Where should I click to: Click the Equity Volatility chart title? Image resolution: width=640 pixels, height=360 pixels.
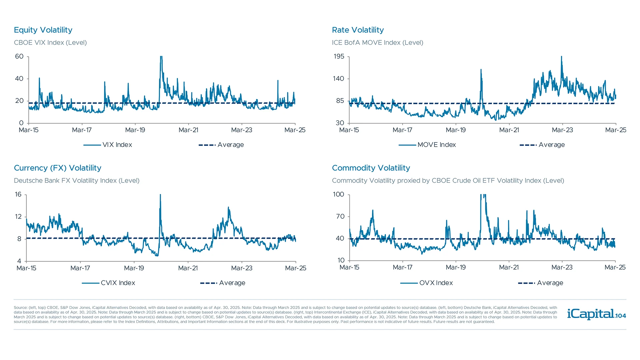click(x=43, y=30)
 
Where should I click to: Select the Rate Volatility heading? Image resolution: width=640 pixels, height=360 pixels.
click(x=358, y=30)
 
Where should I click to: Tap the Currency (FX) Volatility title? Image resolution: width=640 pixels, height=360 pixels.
click(x=57, y=168)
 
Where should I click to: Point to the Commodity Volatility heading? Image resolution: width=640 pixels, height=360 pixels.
click(x=371, y=168)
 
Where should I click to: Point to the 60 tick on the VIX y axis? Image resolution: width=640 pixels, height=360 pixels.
click(x=19, y=56)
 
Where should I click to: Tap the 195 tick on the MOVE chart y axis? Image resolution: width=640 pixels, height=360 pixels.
click(x=339, y=56)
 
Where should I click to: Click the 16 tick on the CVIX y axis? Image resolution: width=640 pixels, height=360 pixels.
click(x=18, y=194)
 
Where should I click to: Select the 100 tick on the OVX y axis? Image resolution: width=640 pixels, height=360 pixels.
click(x=338, y=194)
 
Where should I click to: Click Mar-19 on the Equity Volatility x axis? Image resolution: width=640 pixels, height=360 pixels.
click(x=135, y=130)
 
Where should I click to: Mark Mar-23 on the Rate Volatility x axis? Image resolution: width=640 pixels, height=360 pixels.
click(x=562, y=130)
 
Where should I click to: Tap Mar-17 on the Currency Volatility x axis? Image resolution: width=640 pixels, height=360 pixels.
click(x=80, y=268)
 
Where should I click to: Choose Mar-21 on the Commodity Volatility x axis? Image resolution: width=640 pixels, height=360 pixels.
click(x=509, y=267)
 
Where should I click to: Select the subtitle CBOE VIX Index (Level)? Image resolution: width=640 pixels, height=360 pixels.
click(x=50, y=43)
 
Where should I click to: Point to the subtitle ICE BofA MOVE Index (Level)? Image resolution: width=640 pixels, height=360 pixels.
click(x=377, y=43)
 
